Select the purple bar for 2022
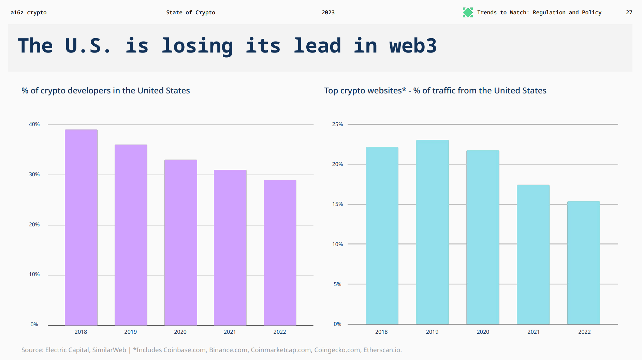(x=280, y=253)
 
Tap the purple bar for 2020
(x=180, y=242)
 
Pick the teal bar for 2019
(x=432, y=232)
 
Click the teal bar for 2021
(x=533, y=254)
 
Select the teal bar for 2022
(x=583, y=262)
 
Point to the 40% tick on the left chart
(x=34, y=124)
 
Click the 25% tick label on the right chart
(x=337, y=124)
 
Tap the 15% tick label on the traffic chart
(x=337, y=204)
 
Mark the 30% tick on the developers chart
(x=34, y=175)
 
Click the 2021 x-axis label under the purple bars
(x=230, y=332)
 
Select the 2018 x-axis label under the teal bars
(x=381, y=332)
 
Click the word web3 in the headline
(x=413, y=46)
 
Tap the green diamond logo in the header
(x=468, y=13)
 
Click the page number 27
(x=629, y=13)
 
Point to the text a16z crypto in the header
(x=29, y=13)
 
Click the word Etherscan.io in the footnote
(x=382, y=350)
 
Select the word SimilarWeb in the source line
(x=109, y=350)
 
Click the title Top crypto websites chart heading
(x=435, y=91)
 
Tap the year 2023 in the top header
(x=328, y=13)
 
